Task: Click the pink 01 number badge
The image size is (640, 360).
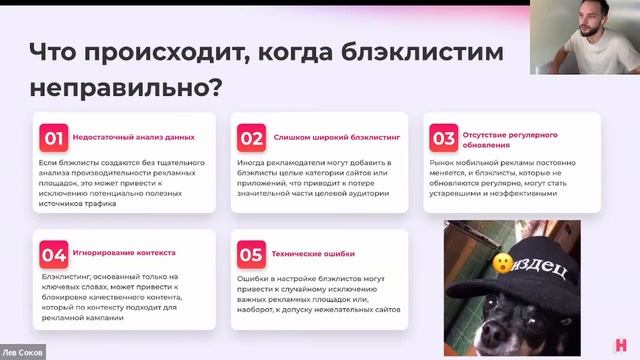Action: (x=53, y=137)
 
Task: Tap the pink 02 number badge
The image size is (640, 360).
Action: (x=251, y=137)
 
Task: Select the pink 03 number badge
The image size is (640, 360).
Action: (x=443, y=137)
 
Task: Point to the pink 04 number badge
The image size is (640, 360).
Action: (x=53, y=253)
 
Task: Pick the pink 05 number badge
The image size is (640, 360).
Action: (x=251, y=253)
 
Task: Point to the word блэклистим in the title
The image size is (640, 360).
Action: (x=429, y=52)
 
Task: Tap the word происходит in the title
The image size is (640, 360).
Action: (x=163, y=52)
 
